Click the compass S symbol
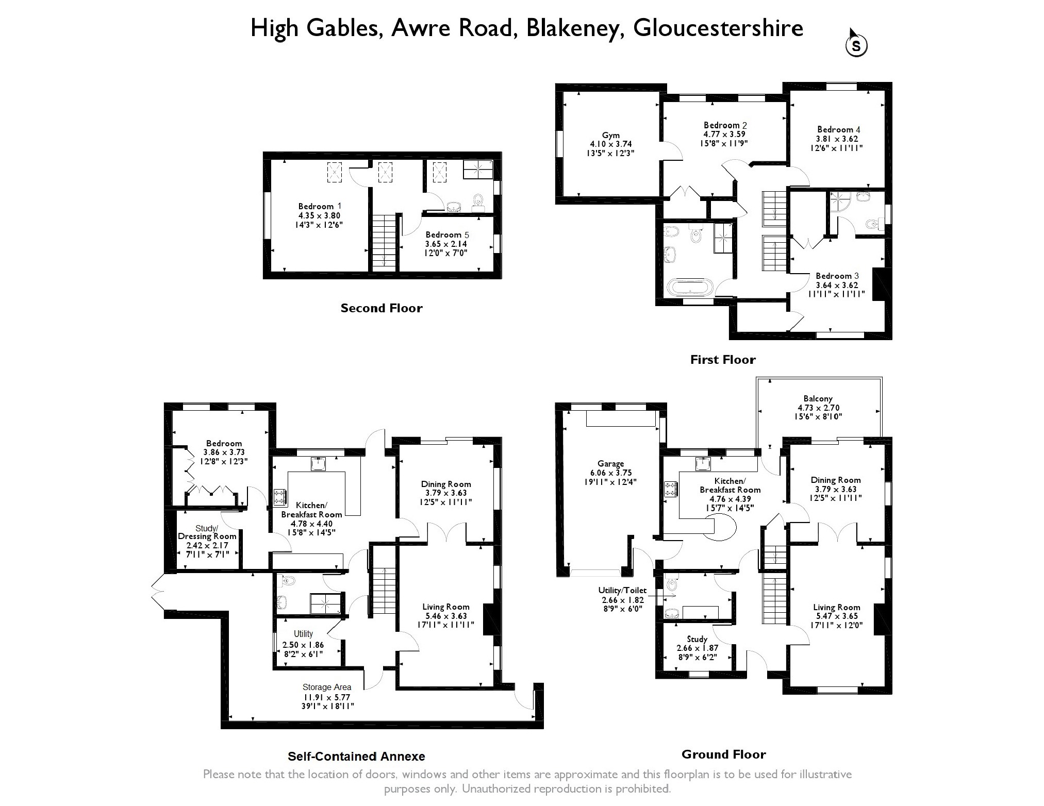click(x=856, y=46)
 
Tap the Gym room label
click(x=611, y=136)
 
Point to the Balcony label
click(x=818, y=398)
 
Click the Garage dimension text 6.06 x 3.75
click(x=611, y=473)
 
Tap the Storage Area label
click(x=327, y=687)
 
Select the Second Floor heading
click(x=382, y=308)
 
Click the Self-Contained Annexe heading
click(x=356, y=756)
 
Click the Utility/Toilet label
click(x=622, y=590)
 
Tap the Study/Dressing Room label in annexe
click(x=207, y=532)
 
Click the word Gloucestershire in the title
click(x=718, y=28)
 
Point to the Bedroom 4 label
click(x=838, y=129)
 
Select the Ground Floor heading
click(x=723, y=754)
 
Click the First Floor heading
click(x=723, y=360)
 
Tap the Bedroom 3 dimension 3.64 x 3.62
click(x=837, y=285)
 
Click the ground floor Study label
click(x=697, y=639)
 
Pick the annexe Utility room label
click(x=303, y=634)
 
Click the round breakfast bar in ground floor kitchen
click(x=722, y=529)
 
